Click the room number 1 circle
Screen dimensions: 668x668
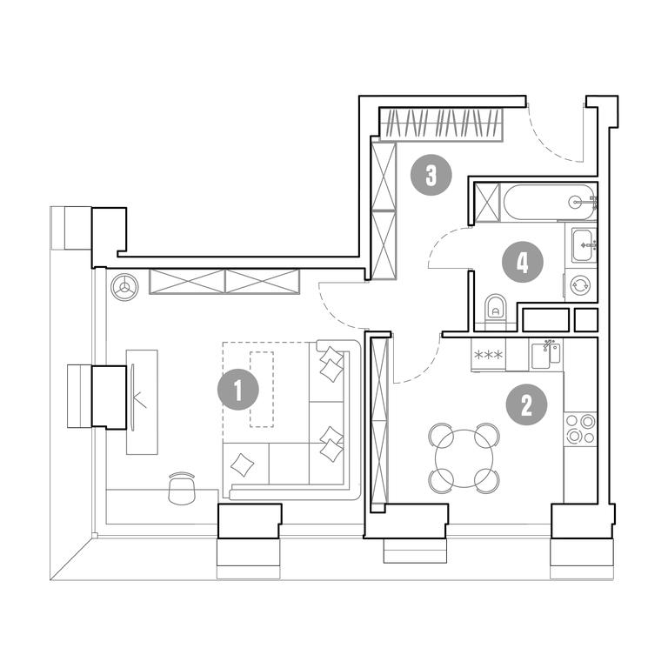(238, 390)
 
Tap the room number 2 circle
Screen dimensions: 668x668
(526, 405)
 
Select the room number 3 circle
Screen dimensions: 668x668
(431, 175)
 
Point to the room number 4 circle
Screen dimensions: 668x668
(522, 262)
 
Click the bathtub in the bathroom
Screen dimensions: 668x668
(550, 202)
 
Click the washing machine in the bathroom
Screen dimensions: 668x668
(581, 285)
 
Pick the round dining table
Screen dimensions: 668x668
(464, 458)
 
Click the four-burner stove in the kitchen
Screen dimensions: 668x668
(580, 429)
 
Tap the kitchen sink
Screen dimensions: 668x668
(545, 355)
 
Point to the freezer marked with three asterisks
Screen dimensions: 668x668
(488, 355)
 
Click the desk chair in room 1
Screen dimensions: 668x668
(182, 488)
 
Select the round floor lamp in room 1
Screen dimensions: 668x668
(124, 287)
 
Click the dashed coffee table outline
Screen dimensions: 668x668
(262, 389)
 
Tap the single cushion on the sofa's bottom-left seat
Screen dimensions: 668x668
(242, 464)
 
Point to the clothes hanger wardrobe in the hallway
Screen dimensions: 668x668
(441, 124)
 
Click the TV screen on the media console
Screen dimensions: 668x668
(132, 397)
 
